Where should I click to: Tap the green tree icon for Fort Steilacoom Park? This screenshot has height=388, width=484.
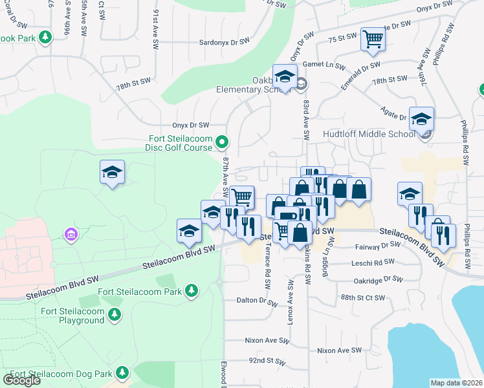[191, 292]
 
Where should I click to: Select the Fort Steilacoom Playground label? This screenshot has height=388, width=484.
[72, 316]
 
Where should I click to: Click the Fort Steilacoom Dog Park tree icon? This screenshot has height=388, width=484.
[121, 372]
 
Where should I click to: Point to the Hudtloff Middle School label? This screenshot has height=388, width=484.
[369, 135]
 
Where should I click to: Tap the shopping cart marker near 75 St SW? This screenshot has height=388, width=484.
[373, 40]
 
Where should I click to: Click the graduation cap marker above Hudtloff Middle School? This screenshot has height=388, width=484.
[421, 119]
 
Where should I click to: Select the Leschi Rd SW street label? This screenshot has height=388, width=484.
[375, 262]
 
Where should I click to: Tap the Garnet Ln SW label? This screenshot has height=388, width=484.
[329, 65]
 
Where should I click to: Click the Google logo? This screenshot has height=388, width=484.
[22, 380]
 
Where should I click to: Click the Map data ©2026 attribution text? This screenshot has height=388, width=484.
[456, 383]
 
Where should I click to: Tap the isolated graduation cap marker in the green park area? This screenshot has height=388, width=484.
[112, 173]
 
